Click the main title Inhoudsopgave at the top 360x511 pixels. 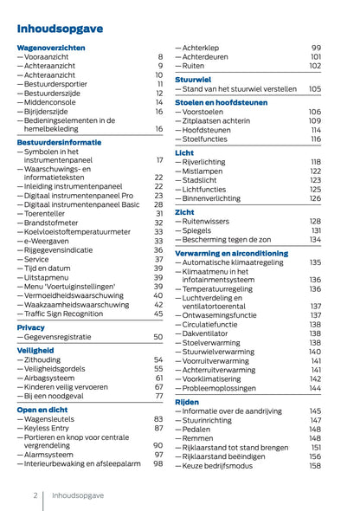60,29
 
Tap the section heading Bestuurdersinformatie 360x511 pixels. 59,140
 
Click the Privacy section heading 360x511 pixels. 30,327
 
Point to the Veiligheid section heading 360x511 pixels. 35,350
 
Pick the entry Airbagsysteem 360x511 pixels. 53,378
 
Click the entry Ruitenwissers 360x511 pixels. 210,221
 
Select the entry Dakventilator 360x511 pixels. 210,333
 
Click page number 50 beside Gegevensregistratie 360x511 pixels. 158,337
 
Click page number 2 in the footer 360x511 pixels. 35,496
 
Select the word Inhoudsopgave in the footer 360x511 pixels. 78,496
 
